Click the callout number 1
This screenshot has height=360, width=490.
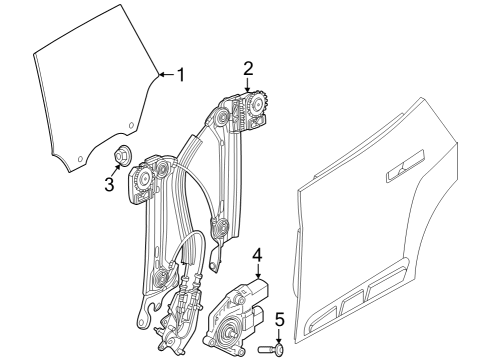point(181,73)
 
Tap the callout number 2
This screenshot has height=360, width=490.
point(247,68)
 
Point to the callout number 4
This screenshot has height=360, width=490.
point(257,255)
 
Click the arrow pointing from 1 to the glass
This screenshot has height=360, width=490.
point(166,73)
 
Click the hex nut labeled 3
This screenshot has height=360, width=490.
point(125,155)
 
